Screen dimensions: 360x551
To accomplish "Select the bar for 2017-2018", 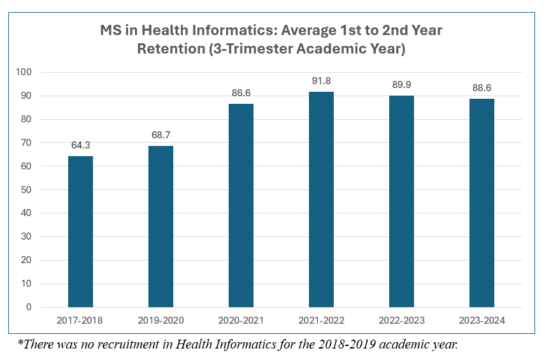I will point(80,232).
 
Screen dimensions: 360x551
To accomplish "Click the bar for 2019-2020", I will point(161,227).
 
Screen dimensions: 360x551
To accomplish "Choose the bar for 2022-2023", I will point(401,201).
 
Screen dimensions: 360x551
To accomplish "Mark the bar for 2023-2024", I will point(482,203).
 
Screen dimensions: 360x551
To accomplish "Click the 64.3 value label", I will point(80,145).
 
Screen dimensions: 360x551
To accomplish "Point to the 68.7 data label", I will point(161,135).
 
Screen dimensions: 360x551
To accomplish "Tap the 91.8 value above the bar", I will point(321,81).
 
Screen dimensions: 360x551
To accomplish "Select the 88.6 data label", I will point(482,88).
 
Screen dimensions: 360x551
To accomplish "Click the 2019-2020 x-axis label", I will point(161,320).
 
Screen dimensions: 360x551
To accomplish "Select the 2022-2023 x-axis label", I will point(401,320).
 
